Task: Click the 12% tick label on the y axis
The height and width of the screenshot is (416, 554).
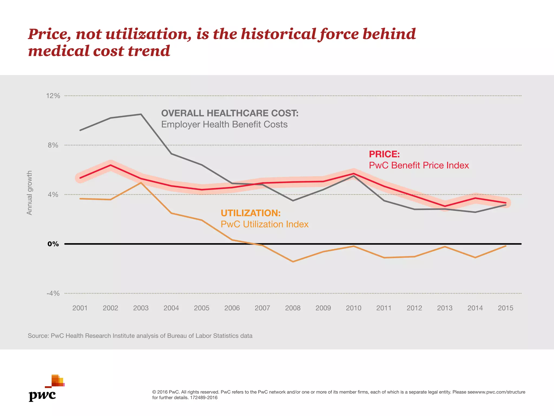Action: click(53, 96)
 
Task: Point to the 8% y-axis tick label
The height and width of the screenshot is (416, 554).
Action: click(53, 145)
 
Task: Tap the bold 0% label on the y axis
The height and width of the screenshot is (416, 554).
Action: click(53, 244)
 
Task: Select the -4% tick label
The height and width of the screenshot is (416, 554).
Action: click(53, 293)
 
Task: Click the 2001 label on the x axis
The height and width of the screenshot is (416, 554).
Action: click(80, 308)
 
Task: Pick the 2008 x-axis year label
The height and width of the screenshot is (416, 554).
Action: click(293, 308)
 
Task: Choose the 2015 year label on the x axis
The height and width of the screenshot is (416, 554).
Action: click(505, 308)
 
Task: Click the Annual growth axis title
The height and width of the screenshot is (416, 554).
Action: click(29, 193)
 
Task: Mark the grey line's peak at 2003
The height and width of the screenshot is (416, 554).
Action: click(141, 114)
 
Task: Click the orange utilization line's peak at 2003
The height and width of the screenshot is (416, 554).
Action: click(141, 183)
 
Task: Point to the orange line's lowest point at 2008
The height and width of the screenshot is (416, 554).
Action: click(293, 262)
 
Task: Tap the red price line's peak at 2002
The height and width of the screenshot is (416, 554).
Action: click(110, 165)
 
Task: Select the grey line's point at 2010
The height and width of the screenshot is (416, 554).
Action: click(354, 176)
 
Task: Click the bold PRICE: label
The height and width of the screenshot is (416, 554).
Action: click(384, 154)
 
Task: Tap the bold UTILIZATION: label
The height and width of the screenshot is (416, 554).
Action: click(250, 213)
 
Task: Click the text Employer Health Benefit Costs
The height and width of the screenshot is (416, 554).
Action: click(224, 125)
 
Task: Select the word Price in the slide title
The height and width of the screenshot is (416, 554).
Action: click(50, 34)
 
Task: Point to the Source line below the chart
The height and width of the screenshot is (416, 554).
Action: click(140, 336)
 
